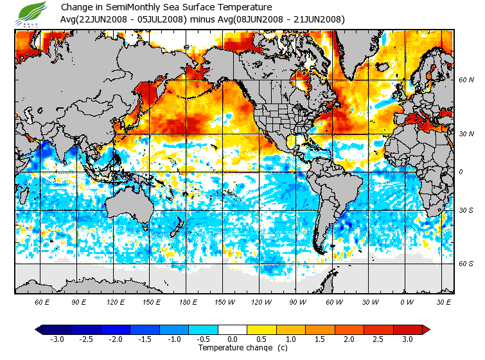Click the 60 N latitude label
click(x=466, y=80)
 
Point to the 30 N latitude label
click(x=466, y=134)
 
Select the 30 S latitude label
click(x=466, y=210)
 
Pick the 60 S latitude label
click(x=466, y=264)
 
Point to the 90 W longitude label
click(x=297, y=301)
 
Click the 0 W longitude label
click(x=406, y=301)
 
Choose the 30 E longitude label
click(x=443, y=301)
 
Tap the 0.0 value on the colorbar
click(x=233, y=339)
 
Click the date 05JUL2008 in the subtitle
click(x=162, y=19)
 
